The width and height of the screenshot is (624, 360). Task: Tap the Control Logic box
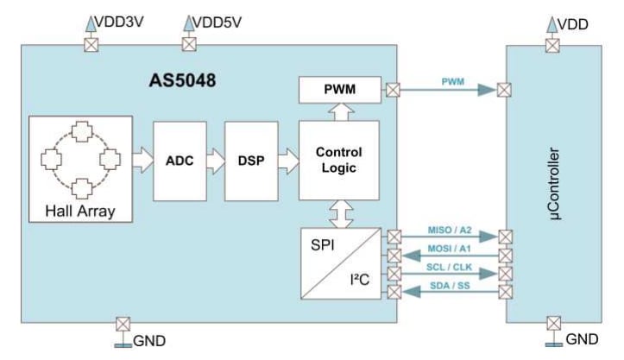click(x=337, y=161)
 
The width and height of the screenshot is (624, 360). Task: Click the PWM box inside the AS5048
click(x=337, y=89)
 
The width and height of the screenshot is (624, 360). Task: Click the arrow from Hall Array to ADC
click(x=142, y=161)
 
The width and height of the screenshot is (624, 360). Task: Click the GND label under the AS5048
click(x=148, y=342)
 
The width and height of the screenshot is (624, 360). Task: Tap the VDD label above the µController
click(x=573, y=23)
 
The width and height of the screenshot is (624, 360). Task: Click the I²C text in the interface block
click(x=360, y=279)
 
